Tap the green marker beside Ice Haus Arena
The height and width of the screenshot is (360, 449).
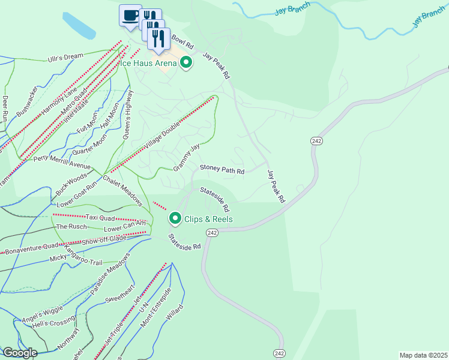tap(186, 62)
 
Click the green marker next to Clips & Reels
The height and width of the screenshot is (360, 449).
tap(175, 218)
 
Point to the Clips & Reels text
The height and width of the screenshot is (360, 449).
tap(209, 219)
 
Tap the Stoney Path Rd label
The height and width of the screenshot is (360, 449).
tap(221, 170)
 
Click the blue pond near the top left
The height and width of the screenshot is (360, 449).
tap(78, 24)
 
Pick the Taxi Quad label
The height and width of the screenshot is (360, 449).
tap(100, 217)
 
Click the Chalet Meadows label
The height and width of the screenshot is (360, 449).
tap(122, 188)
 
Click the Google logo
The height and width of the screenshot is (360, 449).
tap(19, 353)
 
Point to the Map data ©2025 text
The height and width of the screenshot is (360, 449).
tap(423, 355)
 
